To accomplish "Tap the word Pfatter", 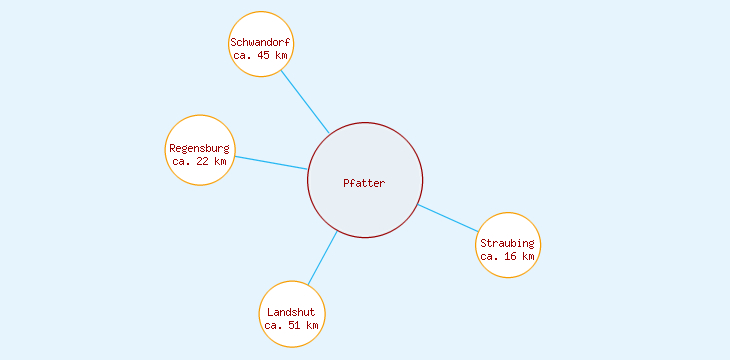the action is point(364,183).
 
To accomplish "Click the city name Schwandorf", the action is point(260,42).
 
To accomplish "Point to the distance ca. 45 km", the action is point(260,56).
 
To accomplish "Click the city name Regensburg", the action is point(199,148).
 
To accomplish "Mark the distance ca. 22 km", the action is point(199,161).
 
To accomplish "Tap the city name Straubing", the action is point(507,243).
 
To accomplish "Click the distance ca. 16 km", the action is point(507,256).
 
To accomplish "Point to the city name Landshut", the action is point(291,312).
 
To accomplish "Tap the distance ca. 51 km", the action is point(291,325).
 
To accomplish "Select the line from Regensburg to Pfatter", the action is point(270,163).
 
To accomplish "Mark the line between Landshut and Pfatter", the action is point(322,259).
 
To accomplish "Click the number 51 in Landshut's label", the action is point(297,325).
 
